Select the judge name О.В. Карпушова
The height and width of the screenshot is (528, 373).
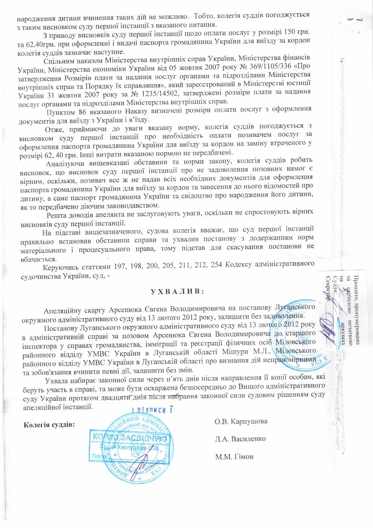(x=241, y=422)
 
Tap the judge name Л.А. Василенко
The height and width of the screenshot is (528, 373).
(x=240, y=439)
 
